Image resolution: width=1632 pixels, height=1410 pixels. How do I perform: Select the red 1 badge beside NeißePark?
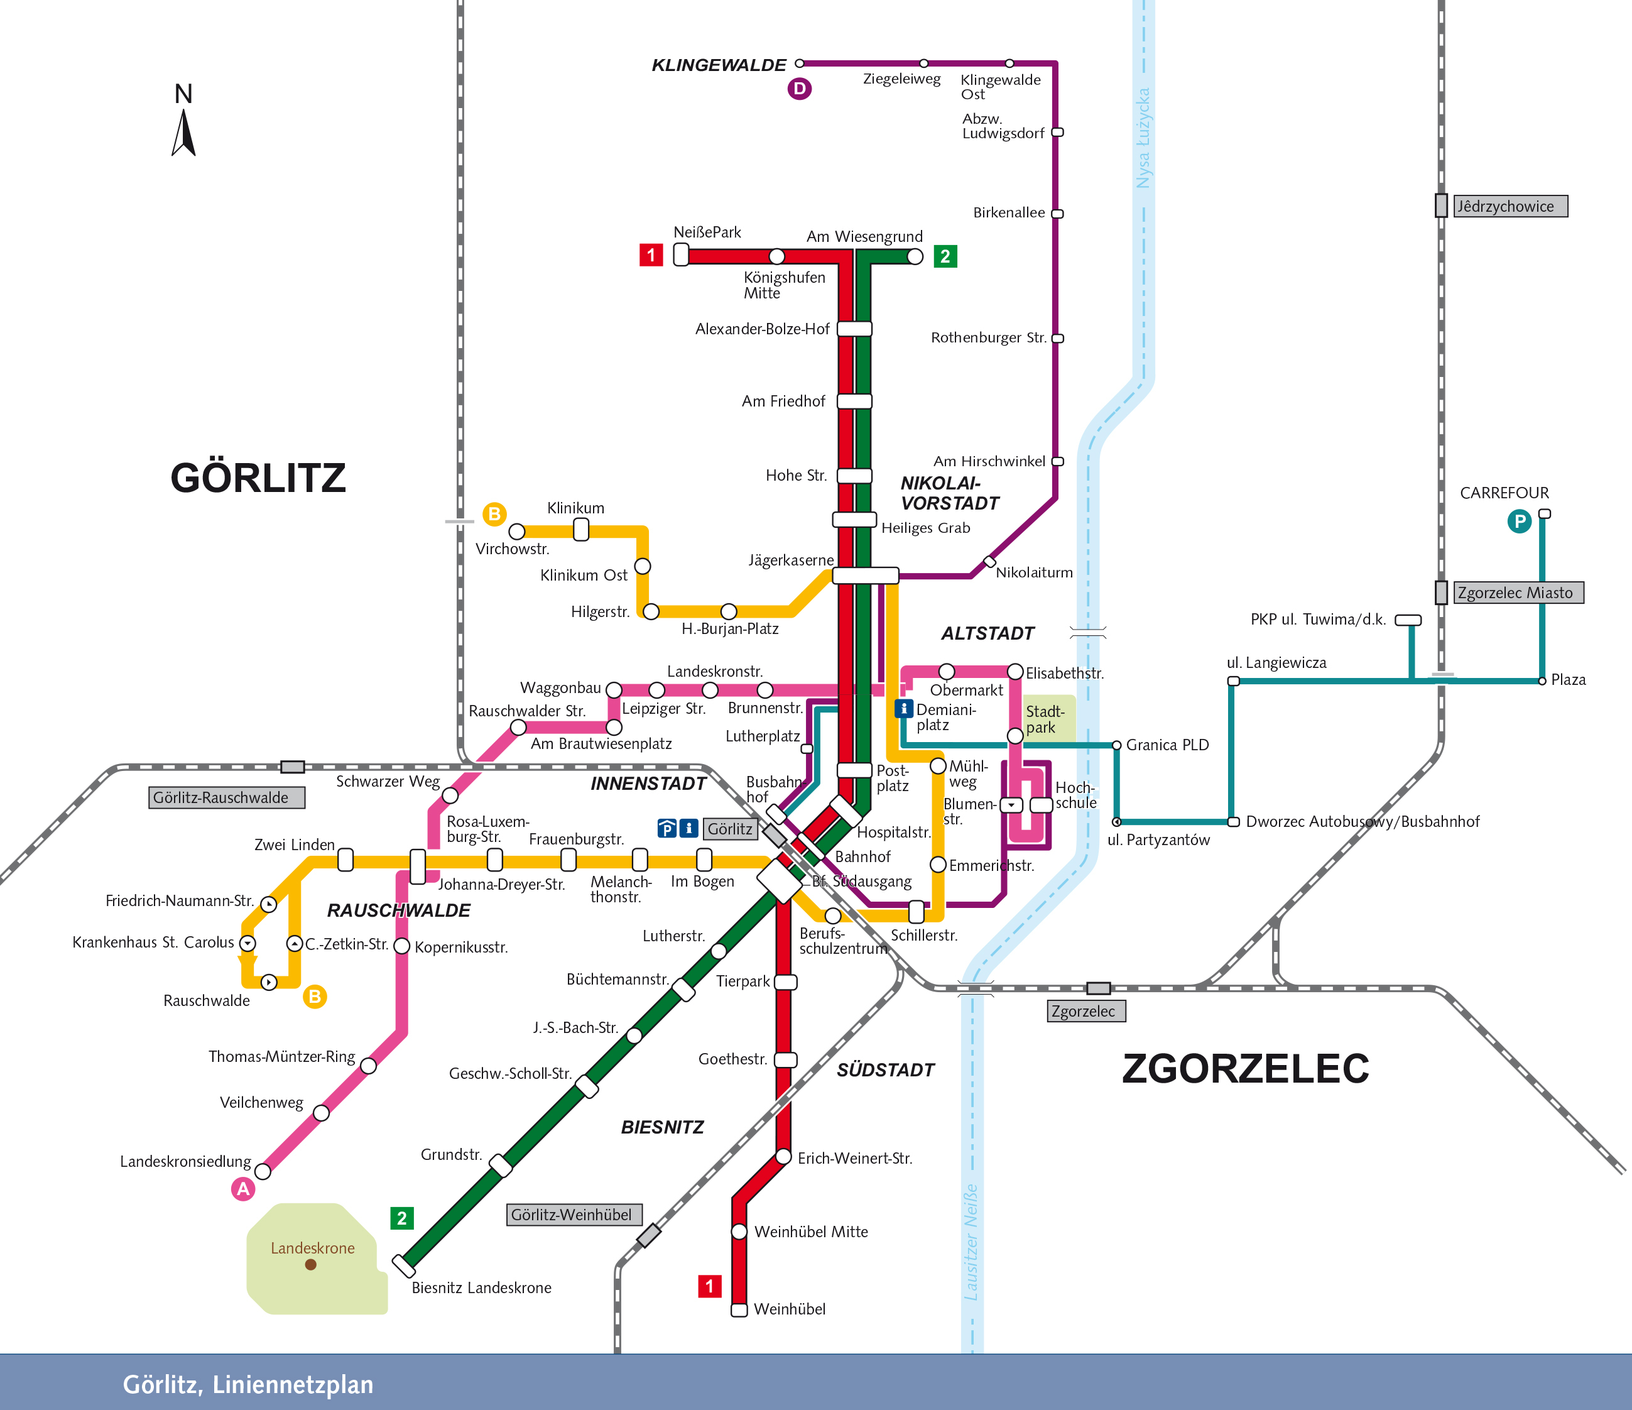pyautogui.click(x=651, y=255)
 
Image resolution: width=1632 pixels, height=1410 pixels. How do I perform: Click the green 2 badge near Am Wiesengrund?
pyautogui.click(x=945, y=256)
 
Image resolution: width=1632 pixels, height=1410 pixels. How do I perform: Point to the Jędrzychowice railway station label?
pyautogui.click(x=1510, y=206)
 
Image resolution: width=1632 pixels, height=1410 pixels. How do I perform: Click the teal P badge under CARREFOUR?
pyautogui.click(x=1518, y=522)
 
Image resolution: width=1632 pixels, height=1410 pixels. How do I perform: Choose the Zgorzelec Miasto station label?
pyautogui.click(x=1518, y=593)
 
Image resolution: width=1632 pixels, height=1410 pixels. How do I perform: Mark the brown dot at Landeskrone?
pyautogui.click(x=311, y=1264)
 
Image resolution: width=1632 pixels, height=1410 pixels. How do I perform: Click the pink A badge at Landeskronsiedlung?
pyautogui.click(x=243, y=1189)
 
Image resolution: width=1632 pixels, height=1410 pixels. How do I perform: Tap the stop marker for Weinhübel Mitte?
pyautogui.click(x=739, y=1231)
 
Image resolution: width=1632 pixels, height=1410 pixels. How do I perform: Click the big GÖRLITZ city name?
pyautogui.click(x=258, y=478)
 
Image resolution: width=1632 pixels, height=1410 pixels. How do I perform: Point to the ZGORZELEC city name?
pyautogui.click(x=1245, y=1069)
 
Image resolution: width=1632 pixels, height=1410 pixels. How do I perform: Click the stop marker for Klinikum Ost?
pyautogui.click(x=643, y=566)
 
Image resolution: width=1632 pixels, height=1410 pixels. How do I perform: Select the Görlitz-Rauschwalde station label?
pyautogui.click(x=226, y=797)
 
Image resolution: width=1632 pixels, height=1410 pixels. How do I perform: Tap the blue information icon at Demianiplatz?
pyautogui.click(x=903, y=708)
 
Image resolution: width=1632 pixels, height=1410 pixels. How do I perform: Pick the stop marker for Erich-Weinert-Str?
pyautogui.click(x=784, y=1156)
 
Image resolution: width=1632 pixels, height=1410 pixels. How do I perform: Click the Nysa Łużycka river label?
pyautogui.click(x=1143, y=138)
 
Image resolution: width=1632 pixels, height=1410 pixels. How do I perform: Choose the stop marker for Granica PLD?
pyautogui.click(x=1116, y=745)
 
